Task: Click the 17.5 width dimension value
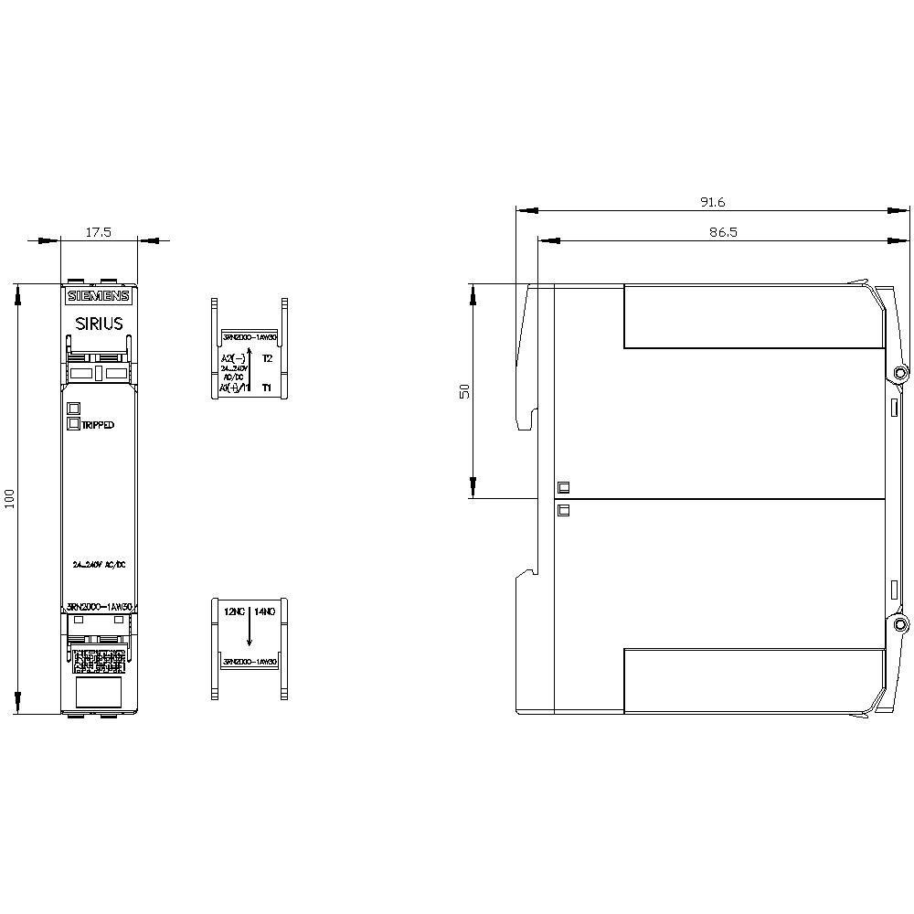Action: click(x=98, y=233)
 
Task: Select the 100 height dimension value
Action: click(x=10, y=499)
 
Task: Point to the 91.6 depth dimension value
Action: click(x=712, y=202)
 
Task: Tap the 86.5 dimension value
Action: click(x=722, y=233)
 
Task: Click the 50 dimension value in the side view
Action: click(x=464, y=390)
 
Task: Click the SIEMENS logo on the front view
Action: click(x=99, y=296)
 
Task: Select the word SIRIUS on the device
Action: click(x=99, y=323)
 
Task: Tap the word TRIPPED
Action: click(x=98, y=425)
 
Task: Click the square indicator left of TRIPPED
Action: click(x=74, y=423)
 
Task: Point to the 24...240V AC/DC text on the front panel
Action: click(x=99, y=564)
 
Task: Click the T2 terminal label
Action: click(x=267, y=358)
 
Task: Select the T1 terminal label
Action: click(x=267, y=388)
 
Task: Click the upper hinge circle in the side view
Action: click(x=901, y=374)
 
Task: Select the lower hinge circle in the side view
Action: click(x=901, y=625)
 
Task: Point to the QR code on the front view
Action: click(x=98, y=660)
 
